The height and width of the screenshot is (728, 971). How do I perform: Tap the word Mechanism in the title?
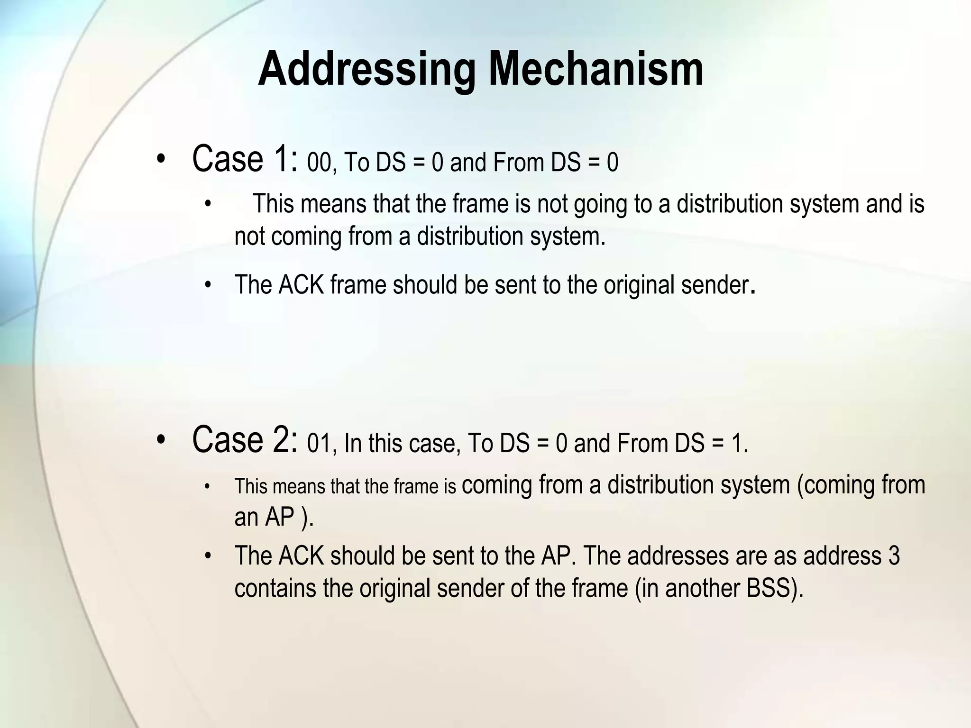pyautogui.click(x=596, y=70)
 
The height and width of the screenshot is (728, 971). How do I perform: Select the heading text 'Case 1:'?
pyautogui.click(x=245, y=159)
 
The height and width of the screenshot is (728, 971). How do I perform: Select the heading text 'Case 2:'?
pyautogui.click(x=245, y=440)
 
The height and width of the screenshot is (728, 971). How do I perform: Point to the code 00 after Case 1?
pyautogui.click(x=319, y=163)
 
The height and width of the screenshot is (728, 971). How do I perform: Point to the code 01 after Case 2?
pyautogui.click(x=318, y=444)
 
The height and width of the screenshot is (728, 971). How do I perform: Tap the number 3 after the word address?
pyautogui.click(x=894, y=556)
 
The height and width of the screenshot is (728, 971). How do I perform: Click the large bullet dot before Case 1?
pyautogui.click(x=161, y=160)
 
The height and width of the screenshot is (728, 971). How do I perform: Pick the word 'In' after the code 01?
pyautogui.click(x=353, y=444)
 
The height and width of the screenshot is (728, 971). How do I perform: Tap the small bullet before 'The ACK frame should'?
pyautogui.click(x=207, y=286)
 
